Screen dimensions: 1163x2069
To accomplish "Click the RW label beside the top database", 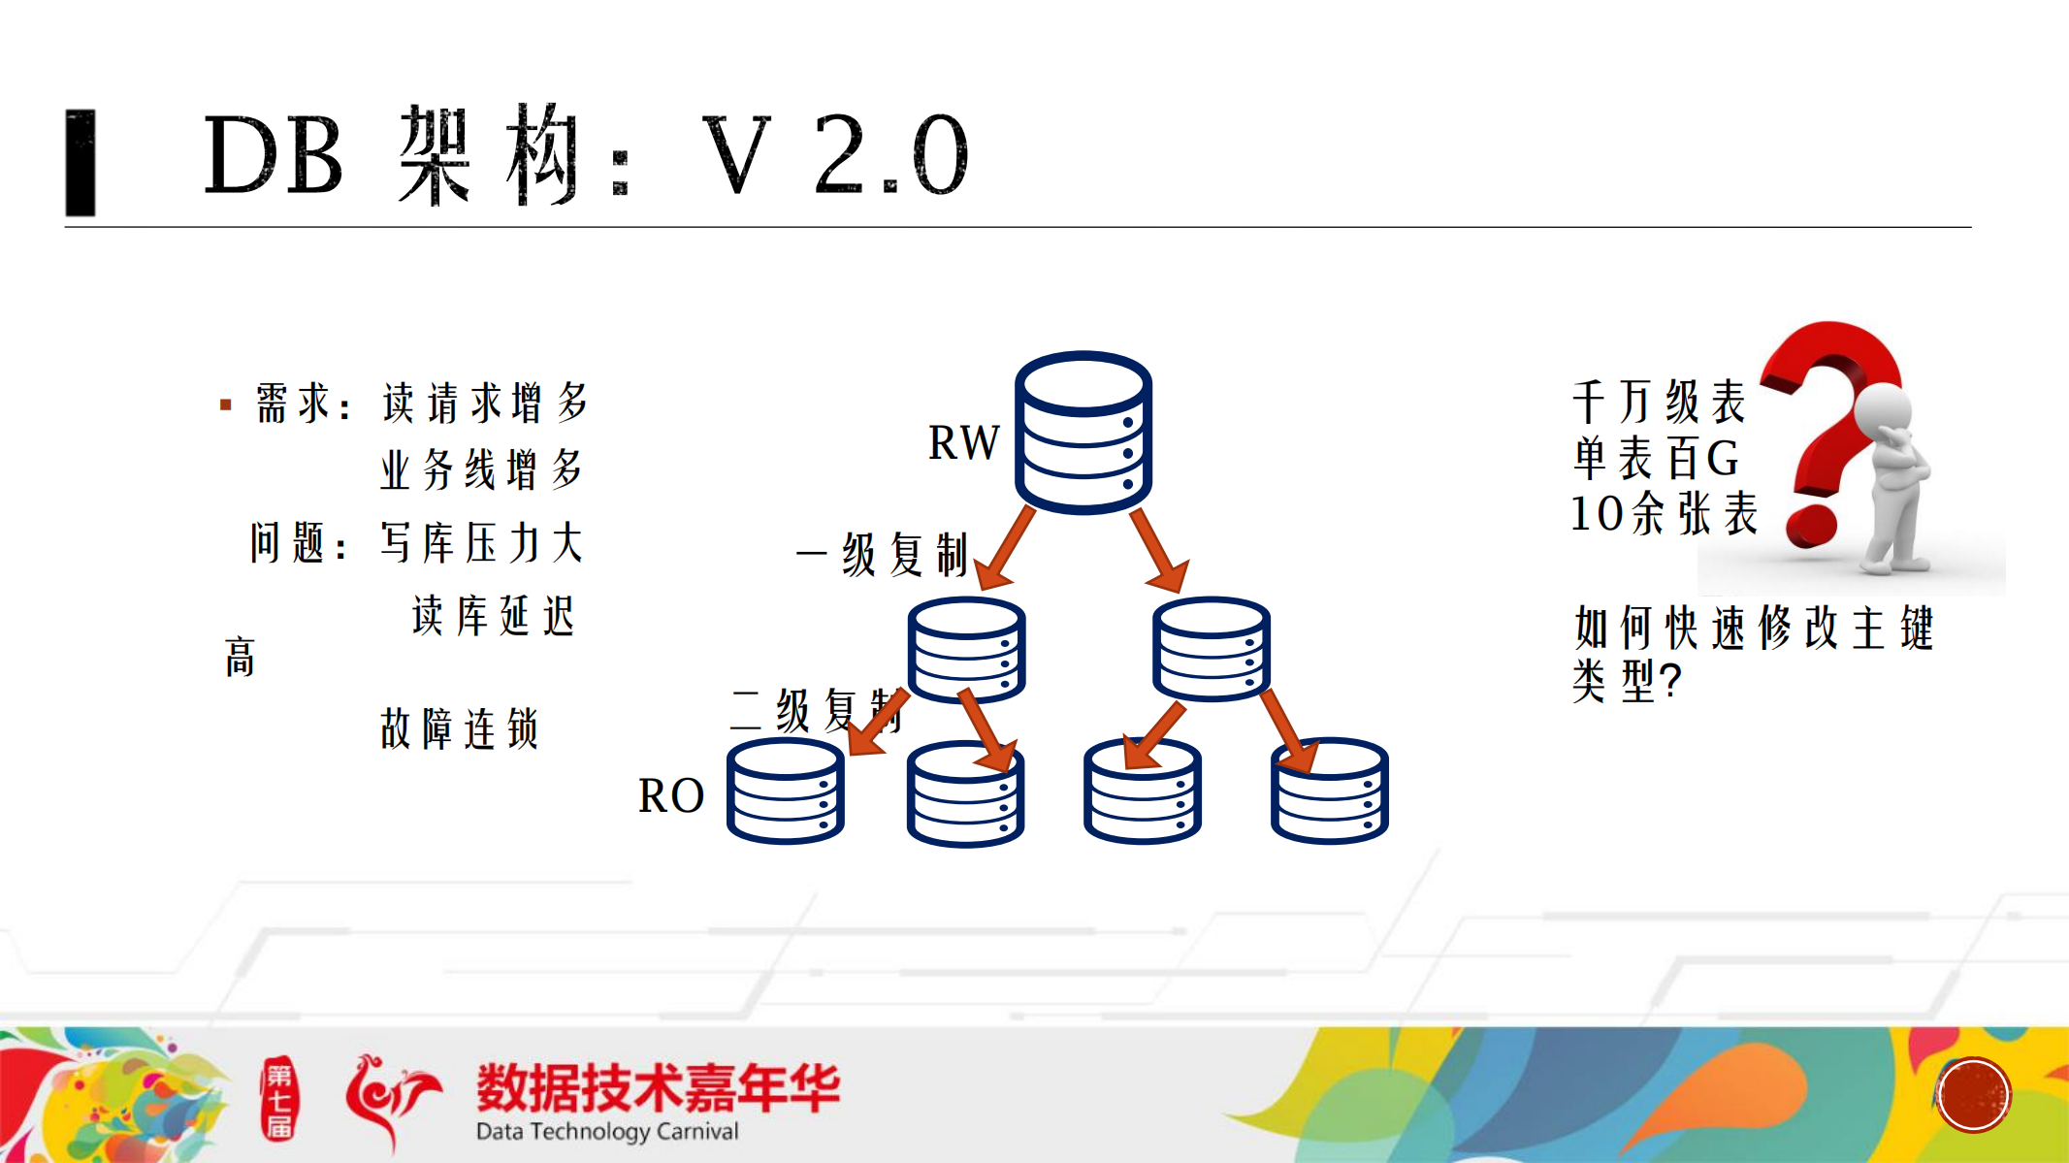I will click(x=963, y=443).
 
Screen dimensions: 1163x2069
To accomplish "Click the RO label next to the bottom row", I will click(x=670, y=796).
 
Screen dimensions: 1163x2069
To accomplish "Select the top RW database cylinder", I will click(x=1083, y=432).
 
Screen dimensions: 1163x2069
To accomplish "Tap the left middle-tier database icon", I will click(x=966, y=649).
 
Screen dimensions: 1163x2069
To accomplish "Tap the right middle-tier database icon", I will click(x=1211, y=648).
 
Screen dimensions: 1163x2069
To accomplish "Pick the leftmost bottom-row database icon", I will click(x=785, y=791).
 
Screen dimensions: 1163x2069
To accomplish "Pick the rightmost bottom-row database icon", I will click(x=1329, y=791).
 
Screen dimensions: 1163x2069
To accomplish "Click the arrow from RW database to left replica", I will click(x=1004, y=549).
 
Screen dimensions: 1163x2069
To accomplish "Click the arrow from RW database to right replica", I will click(x=1159, y=549).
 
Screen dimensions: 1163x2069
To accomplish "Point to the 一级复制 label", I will click(x=883, y=555).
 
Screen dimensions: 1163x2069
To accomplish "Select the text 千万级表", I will click(x=1659, y=402).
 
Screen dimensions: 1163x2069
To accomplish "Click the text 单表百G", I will click(x=1656, y=458).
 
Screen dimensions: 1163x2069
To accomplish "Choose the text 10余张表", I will click(x=1664, y=513).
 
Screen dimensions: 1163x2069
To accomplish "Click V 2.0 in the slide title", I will click(x=834, y=155).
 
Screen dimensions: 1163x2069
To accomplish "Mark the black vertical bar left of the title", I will click(x=81, y=162).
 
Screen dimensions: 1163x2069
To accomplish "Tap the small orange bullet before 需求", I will click(x=226, y=404).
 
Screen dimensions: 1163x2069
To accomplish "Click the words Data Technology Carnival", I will click(x=607, y=1131).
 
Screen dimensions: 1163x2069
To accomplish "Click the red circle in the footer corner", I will click(x=1973, y=1095).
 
